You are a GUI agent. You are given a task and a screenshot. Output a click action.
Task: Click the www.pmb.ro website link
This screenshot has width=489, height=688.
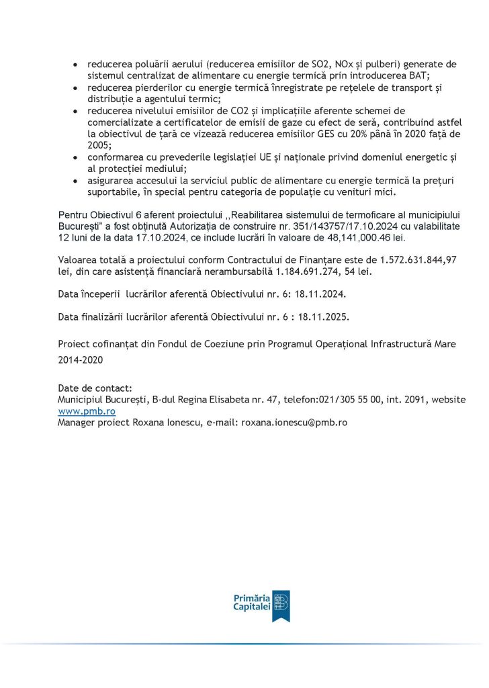(87, 411)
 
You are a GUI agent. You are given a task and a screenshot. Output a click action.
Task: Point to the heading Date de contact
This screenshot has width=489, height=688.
(95, 388)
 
